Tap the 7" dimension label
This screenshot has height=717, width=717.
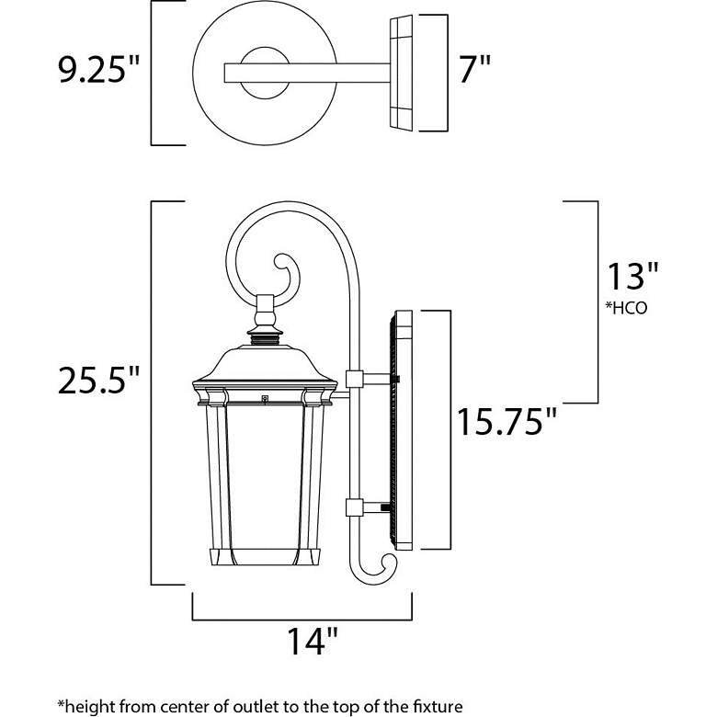coord(474,72)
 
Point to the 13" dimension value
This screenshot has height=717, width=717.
coord(631,277)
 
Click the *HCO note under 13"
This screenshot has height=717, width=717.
coord(626,309)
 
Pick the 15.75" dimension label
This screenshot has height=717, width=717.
coord(507,423)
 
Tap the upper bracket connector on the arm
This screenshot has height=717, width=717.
coord(355,379)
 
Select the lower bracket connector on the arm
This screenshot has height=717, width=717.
coord(355,507)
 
